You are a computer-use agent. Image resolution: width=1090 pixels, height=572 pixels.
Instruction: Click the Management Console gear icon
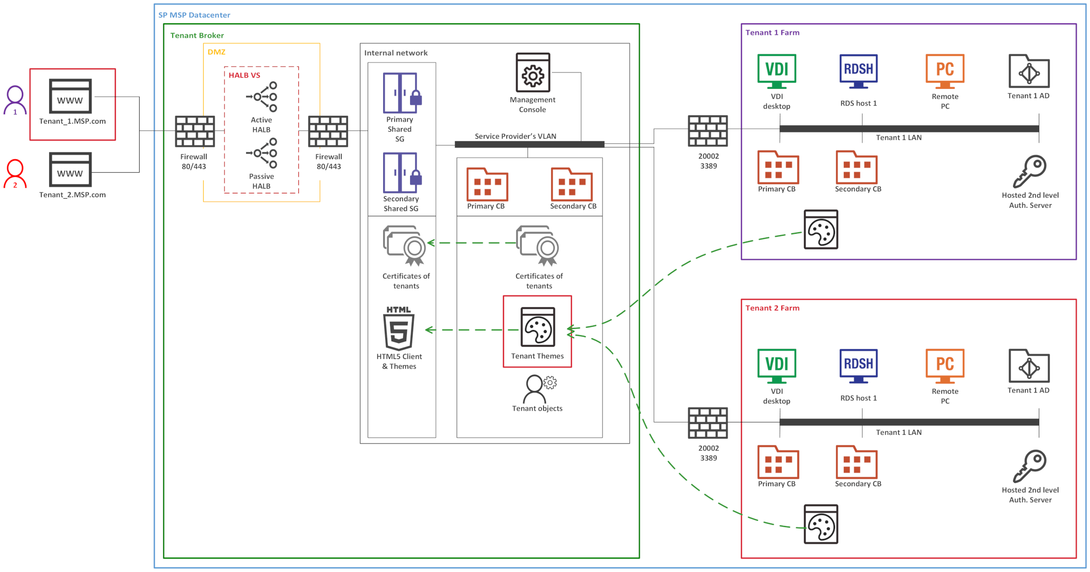coord(533,73)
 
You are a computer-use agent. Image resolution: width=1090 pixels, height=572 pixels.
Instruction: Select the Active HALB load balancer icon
coord(262,97)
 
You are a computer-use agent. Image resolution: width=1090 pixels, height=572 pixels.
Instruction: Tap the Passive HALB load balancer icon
coord(262,153)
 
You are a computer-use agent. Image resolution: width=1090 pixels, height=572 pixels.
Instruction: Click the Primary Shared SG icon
coord(401,93)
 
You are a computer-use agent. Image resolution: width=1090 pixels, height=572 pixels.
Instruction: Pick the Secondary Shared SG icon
coord(401,173)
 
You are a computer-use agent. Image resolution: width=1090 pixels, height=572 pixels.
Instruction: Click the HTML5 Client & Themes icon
coord(399,329)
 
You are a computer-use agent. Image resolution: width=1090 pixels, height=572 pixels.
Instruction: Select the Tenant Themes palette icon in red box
coord(538,327)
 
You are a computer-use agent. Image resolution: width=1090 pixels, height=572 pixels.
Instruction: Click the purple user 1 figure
coord(15,100)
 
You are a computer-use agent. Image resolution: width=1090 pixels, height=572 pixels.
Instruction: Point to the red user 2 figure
coord(15,174)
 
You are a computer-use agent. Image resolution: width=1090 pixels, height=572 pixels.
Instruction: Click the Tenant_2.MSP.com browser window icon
coord(70,170)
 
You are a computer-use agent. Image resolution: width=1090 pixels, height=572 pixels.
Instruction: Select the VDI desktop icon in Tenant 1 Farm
coord(777,71)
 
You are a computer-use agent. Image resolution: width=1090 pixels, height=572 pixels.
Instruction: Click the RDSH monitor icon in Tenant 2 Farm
coord(858,366)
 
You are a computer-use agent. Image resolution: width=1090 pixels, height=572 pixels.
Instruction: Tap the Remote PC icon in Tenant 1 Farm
coord(945,71)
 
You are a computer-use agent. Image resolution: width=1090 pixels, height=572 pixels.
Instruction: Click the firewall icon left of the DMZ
coord(194,131)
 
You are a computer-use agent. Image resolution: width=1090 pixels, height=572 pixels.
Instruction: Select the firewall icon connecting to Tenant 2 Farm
coord(708,423)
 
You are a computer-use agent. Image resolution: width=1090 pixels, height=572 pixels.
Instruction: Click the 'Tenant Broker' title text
coord(197,35)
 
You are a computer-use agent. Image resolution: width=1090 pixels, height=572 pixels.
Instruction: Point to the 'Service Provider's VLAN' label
coord(516,136)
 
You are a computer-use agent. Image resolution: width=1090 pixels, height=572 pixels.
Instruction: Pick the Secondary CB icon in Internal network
coord(571,185)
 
